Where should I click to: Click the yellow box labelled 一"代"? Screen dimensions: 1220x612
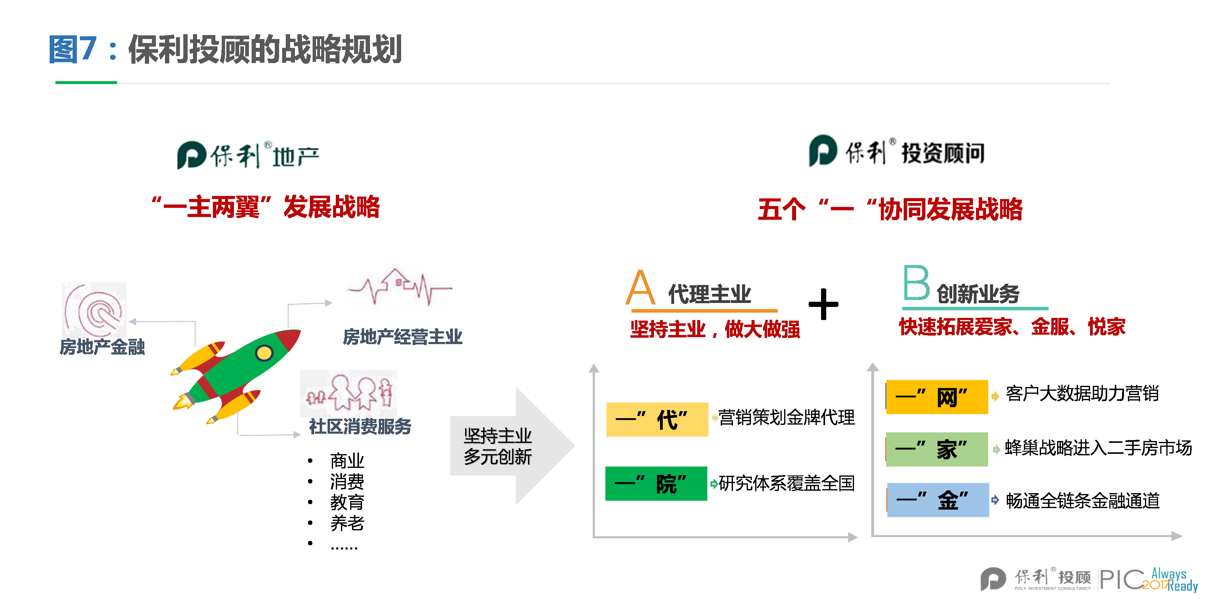tap(657, 419)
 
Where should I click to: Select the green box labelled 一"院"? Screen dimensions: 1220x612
tap(656, 483)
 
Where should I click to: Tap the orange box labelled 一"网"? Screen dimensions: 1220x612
tap(937, 397)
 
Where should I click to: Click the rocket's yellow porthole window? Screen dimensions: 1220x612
tap(264, 353)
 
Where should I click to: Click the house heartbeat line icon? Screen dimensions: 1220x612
tap(399, 287)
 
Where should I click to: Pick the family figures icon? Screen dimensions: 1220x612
tap(349, 393)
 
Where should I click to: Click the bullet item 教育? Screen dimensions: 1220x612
tap(347, 502)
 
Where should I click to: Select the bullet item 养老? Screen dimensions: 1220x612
tap(347, 522)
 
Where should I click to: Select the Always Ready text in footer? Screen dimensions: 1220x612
tap(1175, 580)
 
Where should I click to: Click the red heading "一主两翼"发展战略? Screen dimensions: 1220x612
tap(266, 207)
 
